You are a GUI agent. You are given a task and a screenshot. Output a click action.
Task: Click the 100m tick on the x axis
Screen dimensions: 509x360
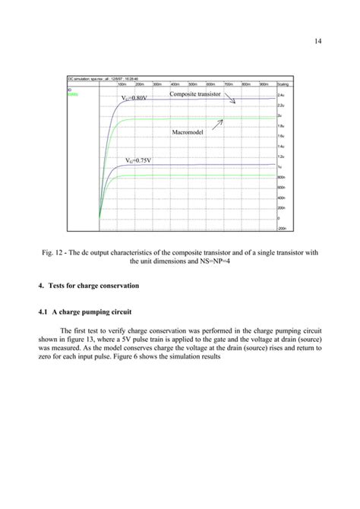120,84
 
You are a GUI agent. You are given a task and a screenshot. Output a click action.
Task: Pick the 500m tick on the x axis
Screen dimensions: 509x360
192,84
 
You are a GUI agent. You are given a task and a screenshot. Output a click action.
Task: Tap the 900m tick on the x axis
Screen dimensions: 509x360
264,84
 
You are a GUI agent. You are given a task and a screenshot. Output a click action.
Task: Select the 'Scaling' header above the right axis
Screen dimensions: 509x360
283,84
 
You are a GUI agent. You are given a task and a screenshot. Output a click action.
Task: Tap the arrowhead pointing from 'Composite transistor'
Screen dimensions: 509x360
238,103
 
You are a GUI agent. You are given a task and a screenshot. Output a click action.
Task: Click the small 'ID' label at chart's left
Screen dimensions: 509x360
69,90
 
